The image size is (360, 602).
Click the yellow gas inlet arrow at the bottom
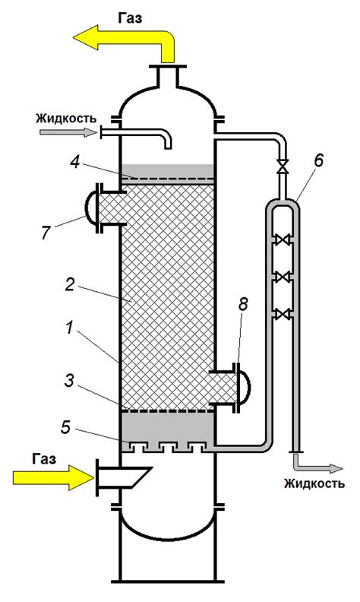pos(53,477)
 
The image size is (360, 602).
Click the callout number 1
pos(69,329)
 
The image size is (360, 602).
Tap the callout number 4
pos(76,163)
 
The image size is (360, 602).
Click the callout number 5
pos(66,427)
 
